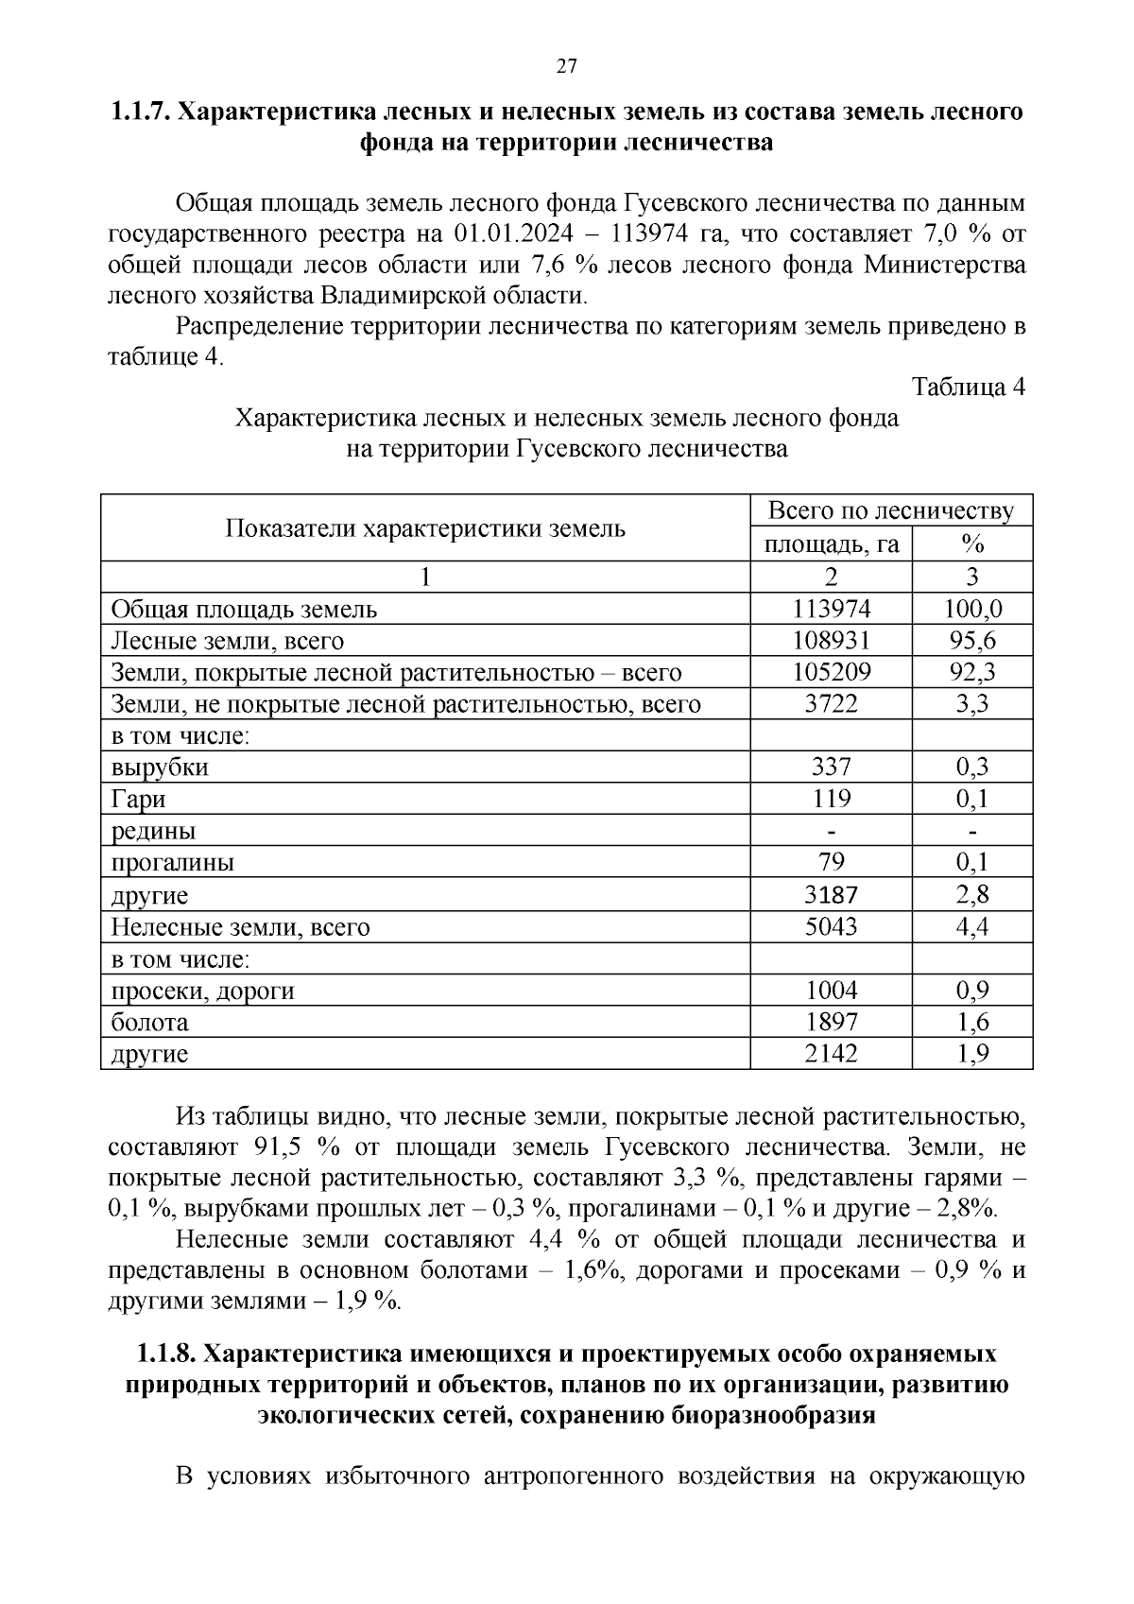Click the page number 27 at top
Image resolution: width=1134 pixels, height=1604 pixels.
point(566,66)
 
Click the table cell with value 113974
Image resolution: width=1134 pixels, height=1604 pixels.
point(831,609)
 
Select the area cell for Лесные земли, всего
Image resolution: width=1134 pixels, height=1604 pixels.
point(831,641)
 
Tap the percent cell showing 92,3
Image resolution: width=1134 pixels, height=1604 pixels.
point(971,673)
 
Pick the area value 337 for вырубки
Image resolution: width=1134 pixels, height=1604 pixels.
point(831,767)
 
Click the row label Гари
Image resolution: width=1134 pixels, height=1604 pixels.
point(138,800)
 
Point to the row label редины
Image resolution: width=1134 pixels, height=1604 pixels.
point(153,832)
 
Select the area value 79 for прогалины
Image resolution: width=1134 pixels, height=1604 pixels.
point(831,862)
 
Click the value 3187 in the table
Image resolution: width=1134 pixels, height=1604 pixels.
point(831,894)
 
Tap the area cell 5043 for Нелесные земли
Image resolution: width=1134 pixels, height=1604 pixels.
point(831,926)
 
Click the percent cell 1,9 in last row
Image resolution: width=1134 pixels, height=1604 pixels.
point(971,1053)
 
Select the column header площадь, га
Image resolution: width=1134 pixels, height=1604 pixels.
point(831,544)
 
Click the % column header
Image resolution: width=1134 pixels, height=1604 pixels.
point(971,544)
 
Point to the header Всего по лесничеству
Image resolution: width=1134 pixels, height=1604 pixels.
point(890,511)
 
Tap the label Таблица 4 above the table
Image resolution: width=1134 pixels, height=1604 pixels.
point(968,387)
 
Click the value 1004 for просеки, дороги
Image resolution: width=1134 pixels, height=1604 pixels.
point(831,991)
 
